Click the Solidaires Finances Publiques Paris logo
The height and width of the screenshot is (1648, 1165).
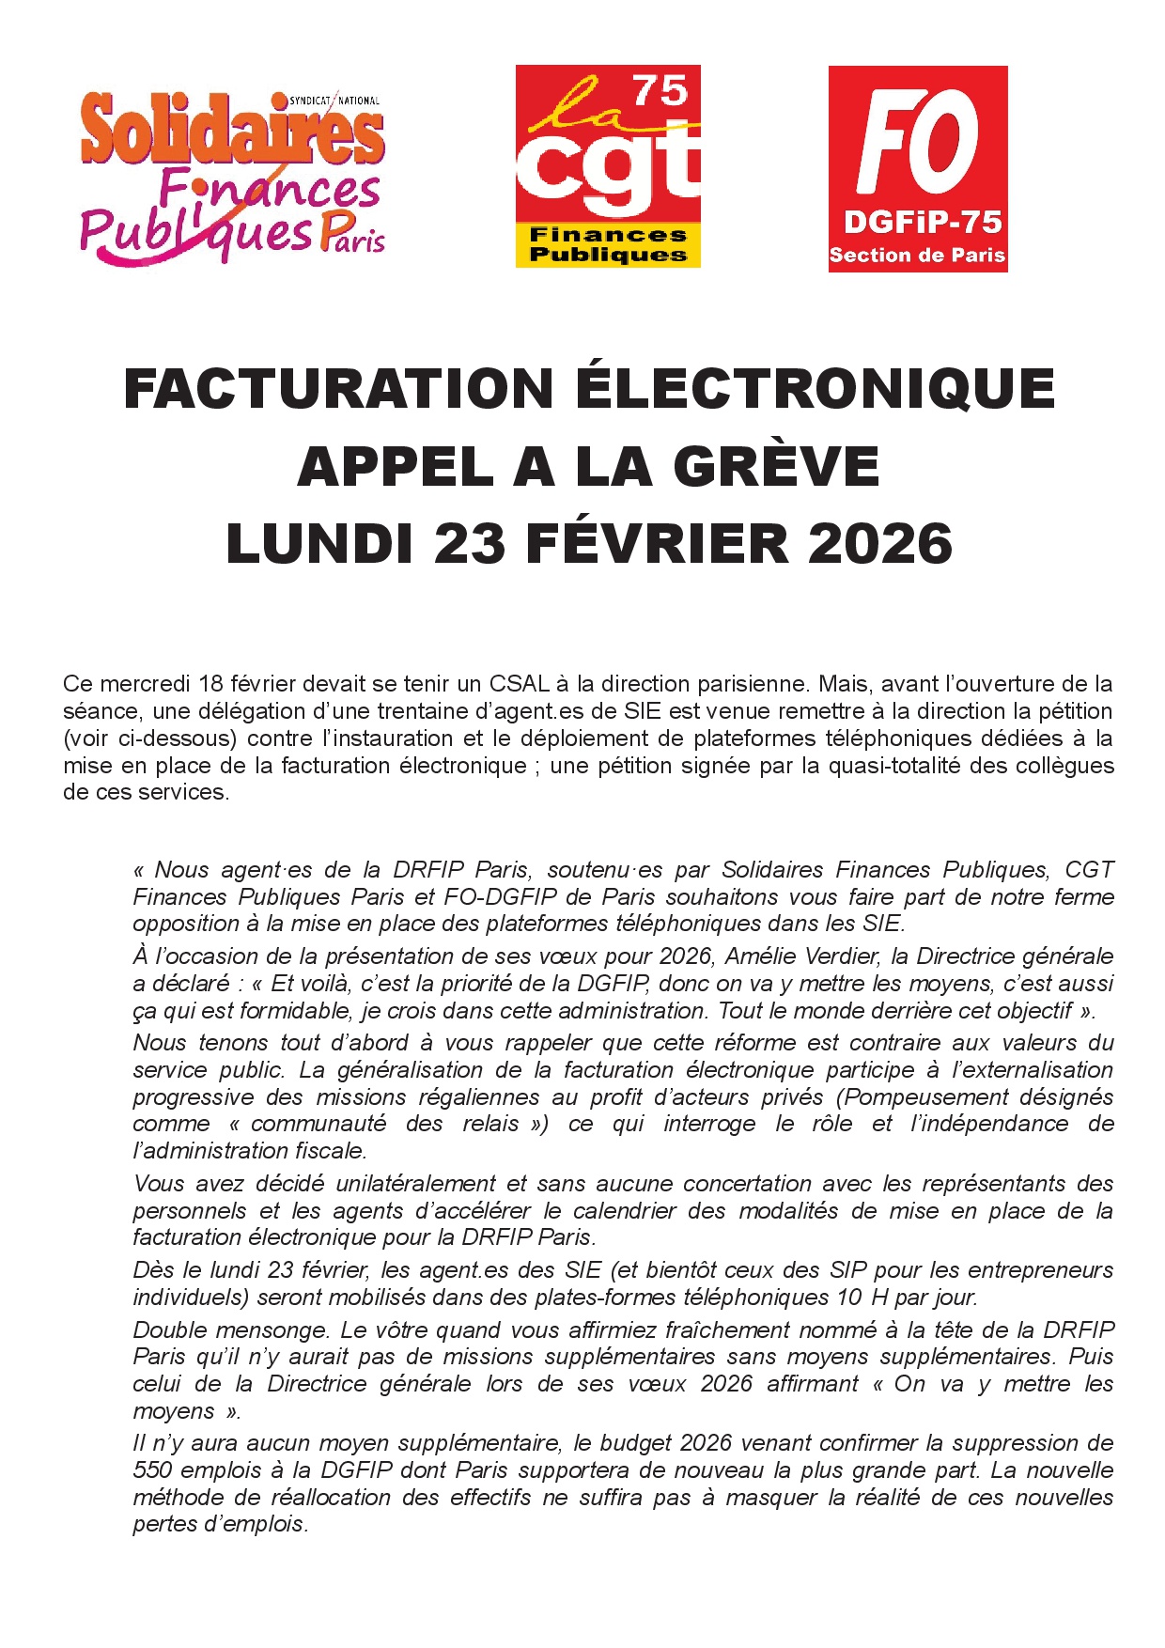point(232,176)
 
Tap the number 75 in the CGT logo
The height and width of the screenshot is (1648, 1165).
point(660,91)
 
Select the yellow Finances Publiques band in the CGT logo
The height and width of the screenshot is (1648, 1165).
point(608,244)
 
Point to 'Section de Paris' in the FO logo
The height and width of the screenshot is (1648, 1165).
point(917,256)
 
